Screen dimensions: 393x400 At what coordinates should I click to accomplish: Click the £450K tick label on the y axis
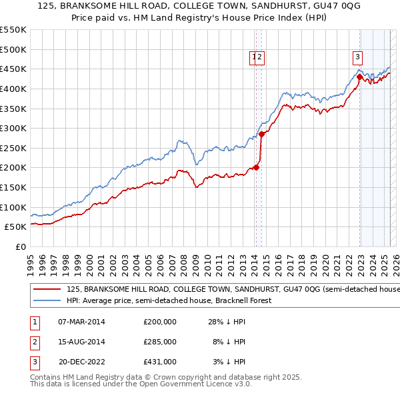[13, 69]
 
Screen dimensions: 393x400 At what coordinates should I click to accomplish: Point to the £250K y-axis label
[13, 148]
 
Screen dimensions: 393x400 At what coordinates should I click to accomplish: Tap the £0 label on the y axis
[20, 246]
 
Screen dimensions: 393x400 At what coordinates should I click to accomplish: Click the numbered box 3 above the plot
[358, 57]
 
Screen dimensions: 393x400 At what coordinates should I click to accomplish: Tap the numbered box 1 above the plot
[255, 57]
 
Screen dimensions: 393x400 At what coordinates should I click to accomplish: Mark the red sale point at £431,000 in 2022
[359, 77]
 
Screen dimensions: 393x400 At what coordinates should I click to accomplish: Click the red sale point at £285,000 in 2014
[262, 134]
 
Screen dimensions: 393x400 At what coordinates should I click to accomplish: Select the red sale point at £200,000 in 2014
[257, 167]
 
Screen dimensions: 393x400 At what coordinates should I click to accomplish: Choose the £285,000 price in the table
[160, 342]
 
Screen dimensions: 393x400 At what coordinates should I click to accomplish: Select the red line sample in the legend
[47, 290]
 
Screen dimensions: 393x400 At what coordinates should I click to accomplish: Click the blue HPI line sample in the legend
[47, 300]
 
